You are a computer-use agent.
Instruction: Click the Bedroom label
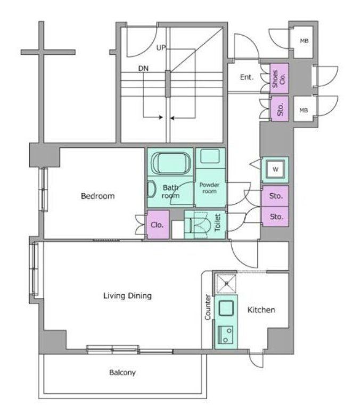pos(97,196)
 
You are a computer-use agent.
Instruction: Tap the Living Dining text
pos(127,296)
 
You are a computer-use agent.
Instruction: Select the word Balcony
pos(122,372)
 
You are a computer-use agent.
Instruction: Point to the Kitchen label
pos(261,310)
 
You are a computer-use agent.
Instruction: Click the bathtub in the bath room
pos(170,163)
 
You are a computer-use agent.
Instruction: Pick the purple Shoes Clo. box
pos(279,78)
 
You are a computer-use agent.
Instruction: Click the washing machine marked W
pos(275,170)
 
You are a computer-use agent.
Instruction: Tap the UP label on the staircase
pos(161,48)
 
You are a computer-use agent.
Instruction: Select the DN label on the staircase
pos(143,69)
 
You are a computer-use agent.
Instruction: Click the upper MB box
pos(304,41)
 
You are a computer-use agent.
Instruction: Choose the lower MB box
pos(304,110)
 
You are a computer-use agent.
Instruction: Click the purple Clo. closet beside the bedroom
pos(158,225)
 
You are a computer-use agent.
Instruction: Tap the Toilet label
pos(217,223)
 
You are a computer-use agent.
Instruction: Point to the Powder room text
pos(209,188)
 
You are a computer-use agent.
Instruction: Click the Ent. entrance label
pos(247,77)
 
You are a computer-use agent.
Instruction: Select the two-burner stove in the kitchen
pos(225,334)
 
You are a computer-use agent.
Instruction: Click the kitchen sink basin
pos(226,308)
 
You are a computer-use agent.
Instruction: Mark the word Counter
pos(208,308)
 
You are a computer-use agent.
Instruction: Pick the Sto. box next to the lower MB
pos(280,109)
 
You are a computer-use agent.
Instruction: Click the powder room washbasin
pos(210,156)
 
